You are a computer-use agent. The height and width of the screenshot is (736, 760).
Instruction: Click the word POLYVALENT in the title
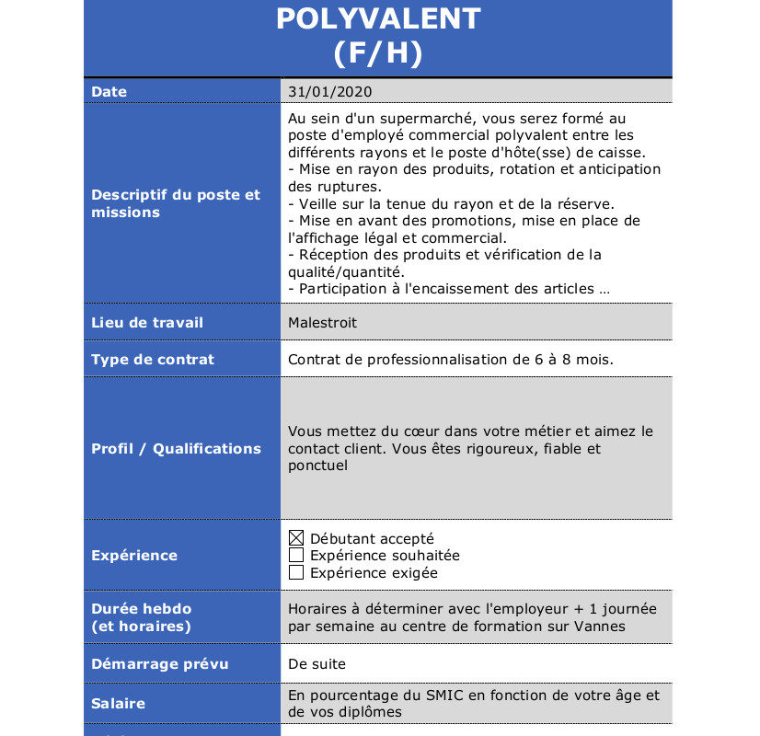[378, 18]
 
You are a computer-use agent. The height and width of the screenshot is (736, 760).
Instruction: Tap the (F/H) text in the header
[378, 53]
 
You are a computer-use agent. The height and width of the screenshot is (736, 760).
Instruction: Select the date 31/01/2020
[329, 92]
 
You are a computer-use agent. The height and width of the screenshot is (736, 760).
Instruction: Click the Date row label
[109, 92]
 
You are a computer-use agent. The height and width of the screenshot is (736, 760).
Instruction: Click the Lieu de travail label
[147, 323]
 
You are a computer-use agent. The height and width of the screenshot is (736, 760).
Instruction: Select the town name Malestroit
[322, 323]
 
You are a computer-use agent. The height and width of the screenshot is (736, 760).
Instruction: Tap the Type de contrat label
[153, 360]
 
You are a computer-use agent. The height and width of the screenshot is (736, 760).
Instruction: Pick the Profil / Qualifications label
[176, 449]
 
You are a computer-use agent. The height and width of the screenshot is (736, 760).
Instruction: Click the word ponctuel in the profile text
[318, 466]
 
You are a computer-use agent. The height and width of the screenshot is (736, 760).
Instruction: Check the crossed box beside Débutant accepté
[296, 538]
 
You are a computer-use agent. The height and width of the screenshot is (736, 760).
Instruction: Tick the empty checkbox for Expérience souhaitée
[296, 556]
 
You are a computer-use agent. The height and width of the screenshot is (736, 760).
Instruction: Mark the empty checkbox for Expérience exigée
[296, 573]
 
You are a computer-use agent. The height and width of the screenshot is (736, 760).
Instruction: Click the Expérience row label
[134, 556]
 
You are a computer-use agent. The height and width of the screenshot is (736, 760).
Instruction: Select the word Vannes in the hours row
[602, 627]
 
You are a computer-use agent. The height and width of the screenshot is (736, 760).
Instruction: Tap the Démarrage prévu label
[160, 664]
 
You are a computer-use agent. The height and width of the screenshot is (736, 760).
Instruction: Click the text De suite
[317, 664]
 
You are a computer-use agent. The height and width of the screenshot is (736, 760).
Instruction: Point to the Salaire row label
[118, 704]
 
